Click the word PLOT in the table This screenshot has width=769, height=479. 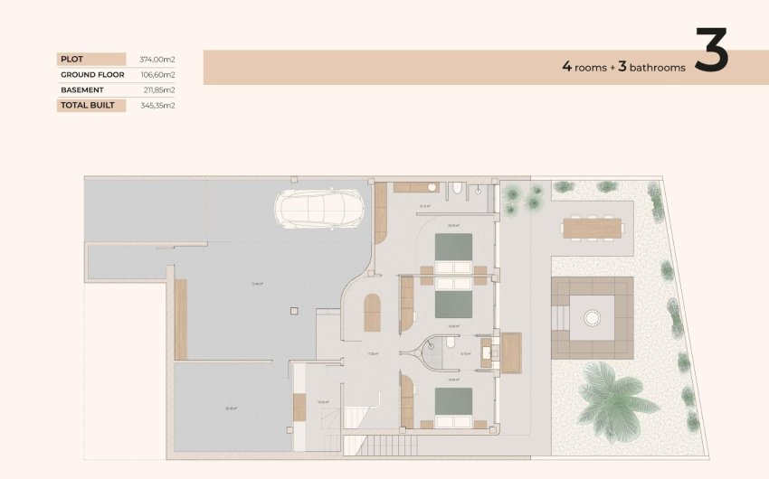pyautogui.click(x=71, y=59)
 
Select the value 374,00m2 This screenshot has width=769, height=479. pyautogui.click(x=157, y=59)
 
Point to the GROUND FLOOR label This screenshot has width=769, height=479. pyautogui.click(x=91, y=74)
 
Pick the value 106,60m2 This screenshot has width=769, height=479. pyautogui.click(x=157, y=74)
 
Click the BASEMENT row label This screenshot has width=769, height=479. pyautogui.click(x=81, y=89)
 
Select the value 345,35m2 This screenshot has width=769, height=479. pyautogui.click(x=157, y=105)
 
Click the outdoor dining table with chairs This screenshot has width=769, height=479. pyautogui.click(x=592, y=227)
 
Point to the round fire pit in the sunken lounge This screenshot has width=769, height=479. pyautogui.click(x=592, y=317)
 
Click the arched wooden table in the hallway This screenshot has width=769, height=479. pyautogui.click(x=372, y=313)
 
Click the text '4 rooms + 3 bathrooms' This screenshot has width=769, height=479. pyautogui.click(x=623, y=67)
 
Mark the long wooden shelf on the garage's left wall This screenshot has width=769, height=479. pyautogui.click(x=181, y=318)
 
